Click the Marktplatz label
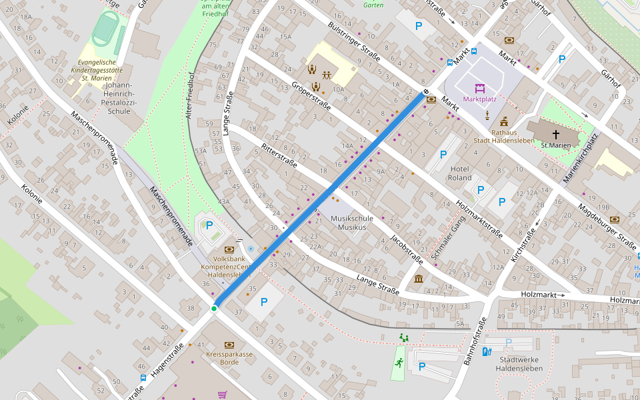pos(479,99)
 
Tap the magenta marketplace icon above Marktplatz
pos(479,88)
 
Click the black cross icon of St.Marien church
pos(556,135)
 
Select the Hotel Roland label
pos(460,173)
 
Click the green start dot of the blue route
pos(214,308)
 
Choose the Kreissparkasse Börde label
pos(229,358)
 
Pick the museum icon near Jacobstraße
pos(419,278)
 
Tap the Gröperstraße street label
pos(311,97)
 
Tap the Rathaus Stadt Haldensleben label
pos(504,136)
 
